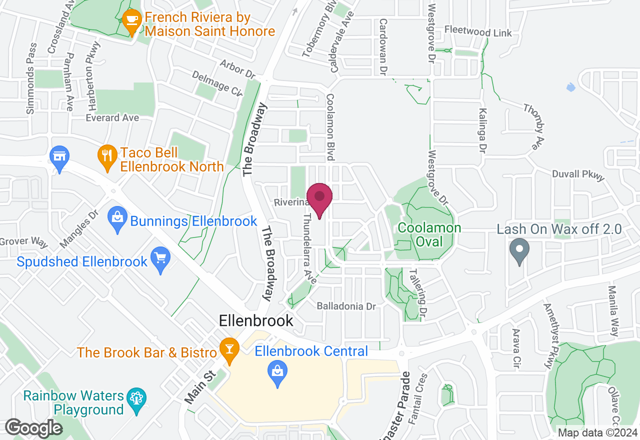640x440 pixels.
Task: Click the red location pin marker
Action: [x=319, y=197]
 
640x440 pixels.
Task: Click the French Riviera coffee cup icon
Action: [x=131, y=20]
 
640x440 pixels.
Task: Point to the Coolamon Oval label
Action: [x=429, y=234]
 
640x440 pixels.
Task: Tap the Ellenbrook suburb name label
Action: [x=256, y=320]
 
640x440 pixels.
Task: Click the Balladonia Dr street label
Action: [x=346, y=306]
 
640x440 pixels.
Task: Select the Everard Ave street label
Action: [x=112, y=118]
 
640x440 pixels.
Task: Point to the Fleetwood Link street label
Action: [x=478, y=32]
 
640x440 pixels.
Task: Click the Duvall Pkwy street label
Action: [x=578, y=174]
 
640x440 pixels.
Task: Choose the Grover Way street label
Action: [x=23, y=242]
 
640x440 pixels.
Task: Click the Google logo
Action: [x=33, y=428]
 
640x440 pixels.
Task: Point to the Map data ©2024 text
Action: [x=598, y=433]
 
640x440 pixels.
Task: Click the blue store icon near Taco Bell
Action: [x=59, y=156]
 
